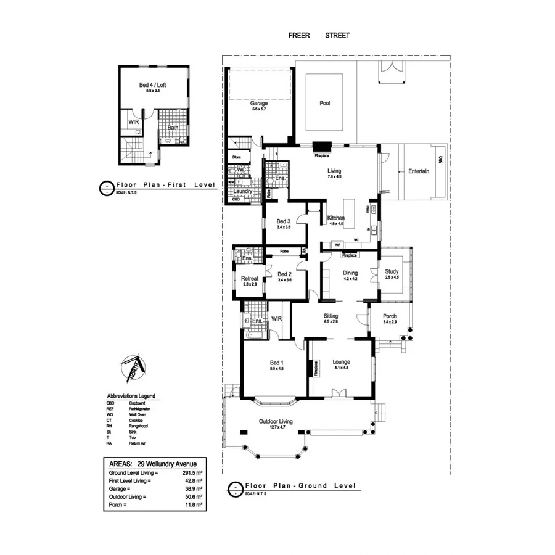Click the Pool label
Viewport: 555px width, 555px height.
pyautogui.click(x=324, y=103)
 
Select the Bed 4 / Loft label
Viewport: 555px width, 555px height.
pyautogui.click(x=152, y=85)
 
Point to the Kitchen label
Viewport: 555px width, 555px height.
pyautogui.click(x=336, y=218)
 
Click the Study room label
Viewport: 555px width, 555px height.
pyautogui.click(x=392, y=271)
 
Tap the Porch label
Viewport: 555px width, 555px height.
pyautogui.click(x=390, y=316)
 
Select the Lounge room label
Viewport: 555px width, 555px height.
pyautogui.click(x=341, y=362)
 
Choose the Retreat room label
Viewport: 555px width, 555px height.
pyautogui.click(x=250, y=278)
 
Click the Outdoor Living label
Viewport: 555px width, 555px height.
pyautogui.click(x=276, y=421)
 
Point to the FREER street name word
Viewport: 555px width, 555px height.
pyautogui.click(x=299, y=35)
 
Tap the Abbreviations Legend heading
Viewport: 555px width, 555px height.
pyautogui.click(x=131, y=396)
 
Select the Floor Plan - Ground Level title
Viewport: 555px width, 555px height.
pyautogui.click(x=300, y=486)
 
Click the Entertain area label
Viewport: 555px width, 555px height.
pyautogui.click(x=419, y=171)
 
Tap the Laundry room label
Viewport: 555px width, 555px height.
pyautogui.click(x=242, y=191)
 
